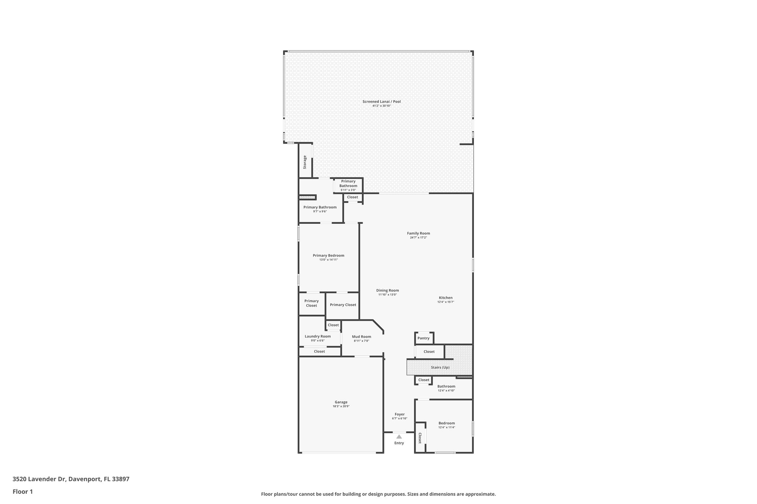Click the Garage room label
click(341, 402)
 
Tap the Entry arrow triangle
click(399, 436)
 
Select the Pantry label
click(423, 338)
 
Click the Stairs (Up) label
click(440, 367)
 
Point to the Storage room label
click(305, 162)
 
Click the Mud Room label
click(361, 336)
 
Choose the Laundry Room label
click(318, 336)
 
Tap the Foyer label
click(400, 414)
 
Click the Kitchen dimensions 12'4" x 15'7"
click(445, 302)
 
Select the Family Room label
click(418, 233)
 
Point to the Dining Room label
click(387, 290)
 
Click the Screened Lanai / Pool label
click(381, 102)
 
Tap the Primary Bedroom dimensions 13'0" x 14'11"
click(328, 260)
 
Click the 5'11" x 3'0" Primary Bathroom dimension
click(348, 190)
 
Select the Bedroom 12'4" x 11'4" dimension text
click(447, 428)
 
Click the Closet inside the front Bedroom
click(420, 438)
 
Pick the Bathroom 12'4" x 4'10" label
click(446, 386)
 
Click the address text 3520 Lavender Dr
click(39, 479)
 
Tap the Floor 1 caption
click(23, 492)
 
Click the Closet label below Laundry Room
click(319, 352)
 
